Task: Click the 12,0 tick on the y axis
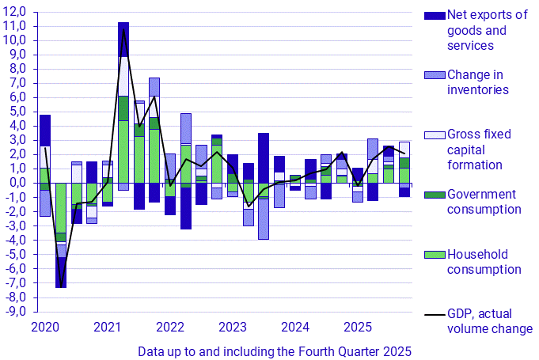16,11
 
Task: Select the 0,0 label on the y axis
17,183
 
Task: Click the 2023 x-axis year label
233,326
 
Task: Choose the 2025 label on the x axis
358,326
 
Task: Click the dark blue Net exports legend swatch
435,15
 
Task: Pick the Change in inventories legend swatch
435,75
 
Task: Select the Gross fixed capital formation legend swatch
435,135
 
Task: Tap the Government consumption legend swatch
435,195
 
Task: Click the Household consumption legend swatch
435,256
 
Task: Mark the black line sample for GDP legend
435,316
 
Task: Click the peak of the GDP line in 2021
123,30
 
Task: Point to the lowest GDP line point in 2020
60,286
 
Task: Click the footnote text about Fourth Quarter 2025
275,350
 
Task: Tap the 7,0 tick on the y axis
17,82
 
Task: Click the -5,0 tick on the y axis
16,254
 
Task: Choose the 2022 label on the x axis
170,326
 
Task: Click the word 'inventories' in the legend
478,89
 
